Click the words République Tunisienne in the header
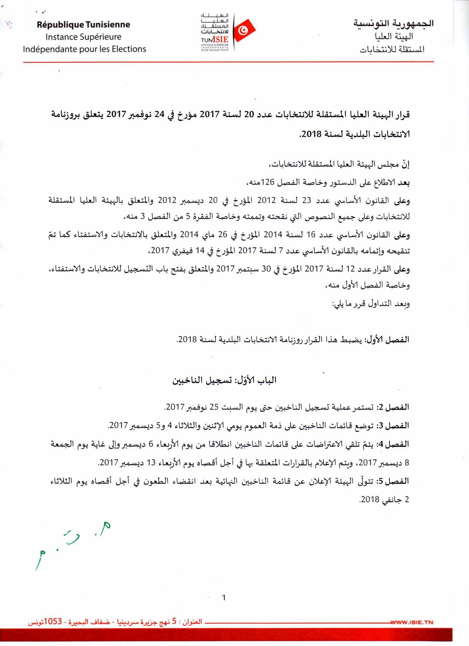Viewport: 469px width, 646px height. click(x=83, y=25)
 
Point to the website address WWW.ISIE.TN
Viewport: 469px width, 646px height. click(x=412, y=622)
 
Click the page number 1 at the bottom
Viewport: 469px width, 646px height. click(x=224, y=597)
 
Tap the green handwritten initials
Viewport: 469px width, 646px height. click(x=71, y=545)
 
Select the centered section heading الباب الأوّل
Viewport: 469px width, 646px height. click(x=256, y=380)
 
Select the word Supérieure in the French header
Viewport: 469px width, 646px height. click(x=102, y=37)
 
